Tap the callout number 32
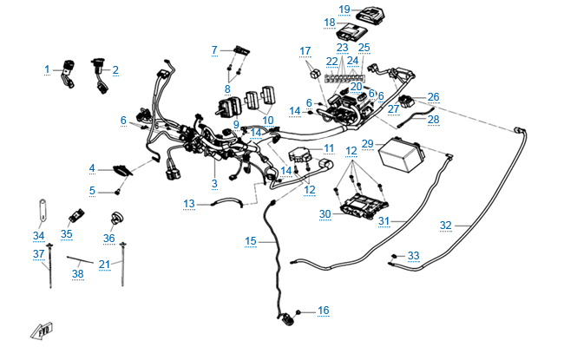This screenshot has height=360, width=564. pos(446,226)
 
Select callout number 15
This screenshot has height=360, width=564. pos(251,239)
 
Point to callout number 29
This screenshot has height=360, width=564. pos(367,143)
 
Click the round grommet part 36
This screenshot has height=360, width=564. pos(110,217)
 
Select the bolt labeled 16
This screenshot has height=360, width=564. pos(298,311)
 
